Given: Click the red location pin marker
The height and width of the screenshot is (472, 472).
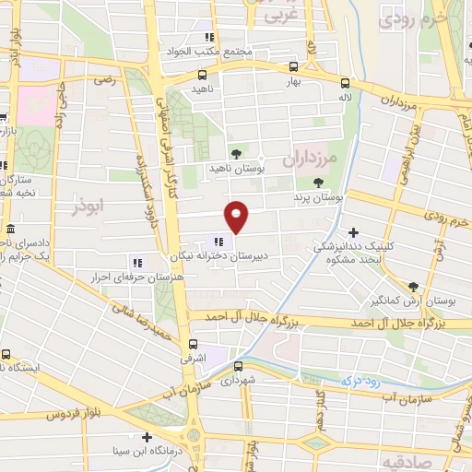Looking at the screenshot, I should tap(238, 216).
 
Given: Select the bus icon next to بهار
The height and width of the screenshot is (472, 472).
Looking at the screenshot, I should tap(293, 66).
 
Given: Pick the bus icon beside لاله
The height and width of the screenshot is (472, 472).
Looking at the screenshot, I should tap(345, 80).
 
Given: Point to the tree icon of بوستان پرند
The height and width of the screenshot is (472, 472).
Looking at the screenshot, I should tap(319, 183).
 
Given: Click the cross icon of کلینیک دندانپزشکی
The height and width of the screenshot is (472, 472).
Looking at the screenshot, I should tap(354, 231).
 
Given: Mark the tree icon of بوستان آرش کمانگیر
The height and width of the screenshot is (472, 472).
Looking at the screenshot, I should tap(412, 287).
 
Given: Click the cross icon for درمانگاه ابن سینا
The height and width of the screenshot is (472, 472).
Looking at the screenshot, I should tap(146, 436).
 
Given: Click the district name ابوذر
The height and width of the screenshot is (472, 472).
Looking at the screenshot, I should tap(89, 208).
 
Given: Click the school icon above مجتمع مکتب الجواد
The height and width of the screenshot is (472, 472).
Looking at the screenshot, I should tap(210, 37).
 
